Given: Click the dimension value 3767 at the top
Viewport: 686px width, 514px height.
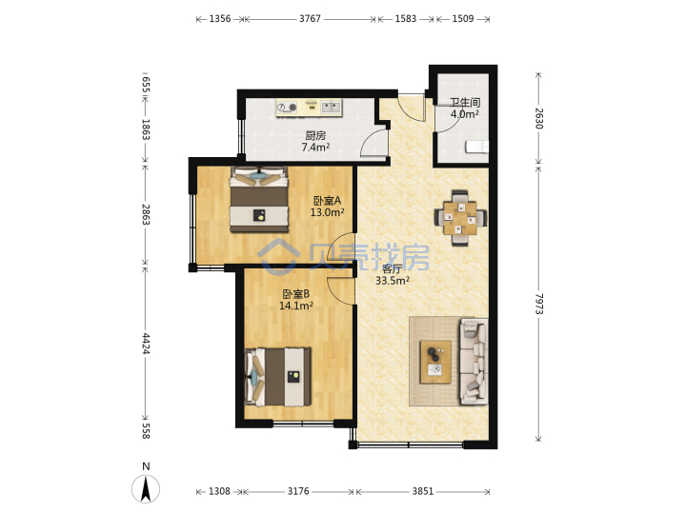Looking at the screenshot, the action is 310,19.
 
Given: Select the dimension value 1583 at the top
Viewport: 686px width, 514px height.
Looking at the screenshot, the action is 406,19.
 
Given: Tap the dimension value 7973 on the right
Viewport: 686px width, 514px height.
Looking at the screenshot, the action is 538,304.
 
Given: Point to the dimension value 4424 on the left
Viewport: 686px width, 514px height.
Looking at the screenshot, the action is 146,344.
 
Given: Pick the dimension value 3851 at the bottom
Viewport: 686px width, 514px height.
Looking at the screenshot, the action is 423,491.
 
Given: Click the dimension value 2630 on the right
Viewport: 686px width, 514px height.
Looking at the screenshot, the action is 538,118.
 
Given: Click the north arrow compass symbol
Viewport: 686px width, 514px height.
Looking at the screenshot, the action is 146,488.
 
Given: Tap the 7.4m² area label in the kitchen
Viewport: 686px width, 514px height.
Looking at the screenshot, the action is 315,148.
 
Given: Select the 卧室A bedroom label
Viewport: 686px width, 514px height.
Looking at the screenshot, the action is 327,201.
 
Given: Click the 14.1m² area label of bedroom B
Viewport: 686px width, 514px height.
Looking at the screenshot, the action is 295,306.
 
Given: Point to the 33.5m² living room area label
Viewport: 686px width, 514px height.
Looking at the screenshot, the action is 392,281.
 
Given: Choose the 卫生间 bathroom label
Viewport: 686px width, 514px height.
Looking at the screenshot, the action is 465,103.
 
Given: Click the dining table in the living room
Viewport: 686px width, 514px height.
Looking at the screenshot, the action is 460,218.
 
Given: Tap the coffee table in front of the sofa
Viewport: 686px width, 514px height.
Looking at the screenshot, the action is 435,363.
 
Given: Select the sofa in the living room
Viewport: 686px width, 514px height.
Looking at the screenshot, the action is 474,361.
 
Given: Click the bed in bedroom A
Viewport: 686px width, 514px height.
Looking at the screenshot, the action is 259,199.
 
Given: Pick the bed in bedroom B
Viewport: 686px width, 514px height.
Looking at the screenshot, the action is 278,377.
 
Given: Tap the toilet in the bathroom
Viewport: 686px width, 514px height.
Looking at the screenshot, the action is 477,147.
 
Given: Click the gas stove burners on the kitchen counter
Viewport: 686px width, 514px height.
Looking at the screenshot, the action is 287,107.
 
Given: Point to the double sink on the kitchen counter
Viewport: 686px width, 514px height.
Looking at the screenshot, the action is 332,107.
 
